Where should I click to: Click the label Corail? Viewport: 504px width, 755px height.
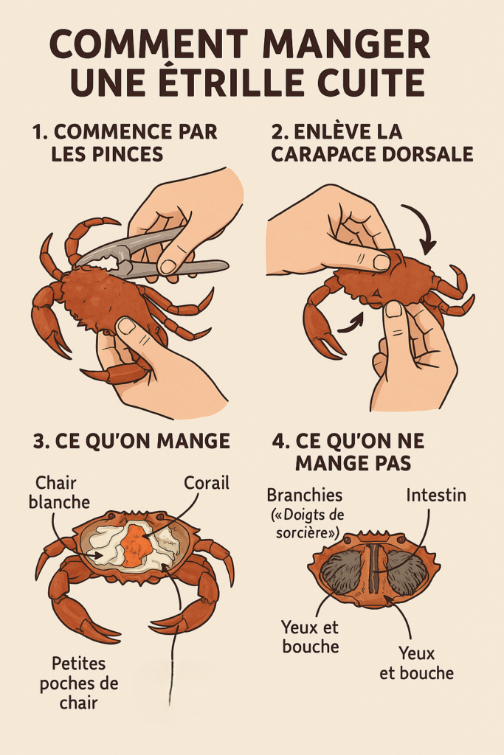coord(207,483)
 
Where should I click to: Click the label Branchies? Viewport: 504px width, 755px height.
coord(305,495)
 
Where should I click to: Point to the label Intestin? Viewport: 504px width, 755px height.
coord(436,495)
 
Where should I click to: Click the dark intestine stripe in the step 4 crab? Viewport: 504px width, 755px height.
coord(376,568)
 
